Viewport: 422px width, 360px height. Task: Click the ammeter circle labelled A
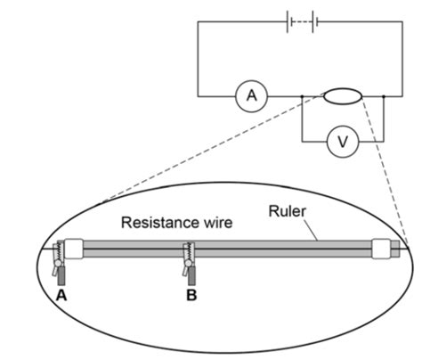coord(250,96)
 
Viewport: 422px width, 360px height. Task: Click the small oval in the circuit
coord(343,96)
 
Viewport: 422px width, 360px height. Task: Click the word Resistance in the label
coord(156,223)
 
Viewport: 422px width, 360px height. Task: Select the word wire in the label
coord(213,223)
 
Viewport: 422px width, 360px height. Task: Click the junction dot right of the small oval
coord(383,96)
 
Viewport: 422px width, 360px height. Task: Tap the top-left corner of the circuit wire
coord(198,24)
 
